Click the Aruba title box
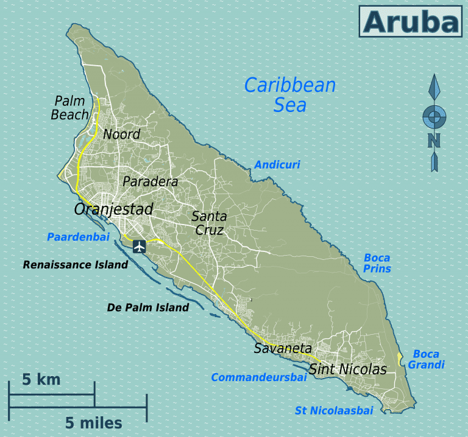click(410, 22)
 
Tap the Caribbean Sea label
click(289, 94)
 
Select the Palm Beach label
click(71, 107)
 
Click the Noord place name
click(121, 134)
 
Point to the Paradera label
click(150, 181)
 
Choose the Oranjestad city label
click(113, 209)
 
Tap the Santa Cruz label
click(209, 223)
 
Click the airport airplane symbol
click(139, 246)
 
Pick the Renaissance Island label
click(76, 265)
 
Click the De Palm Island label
click(148, 307)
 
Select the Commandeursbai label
click(258, 378)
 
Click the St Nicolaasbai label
click(333, 411)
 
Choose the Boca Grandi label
click(426, 359)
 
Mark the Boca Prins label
click(377, 263)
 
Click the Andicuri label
click(277, 164)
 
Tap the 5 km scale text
click(41, 380)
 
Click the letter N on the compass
click(434, 141)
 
